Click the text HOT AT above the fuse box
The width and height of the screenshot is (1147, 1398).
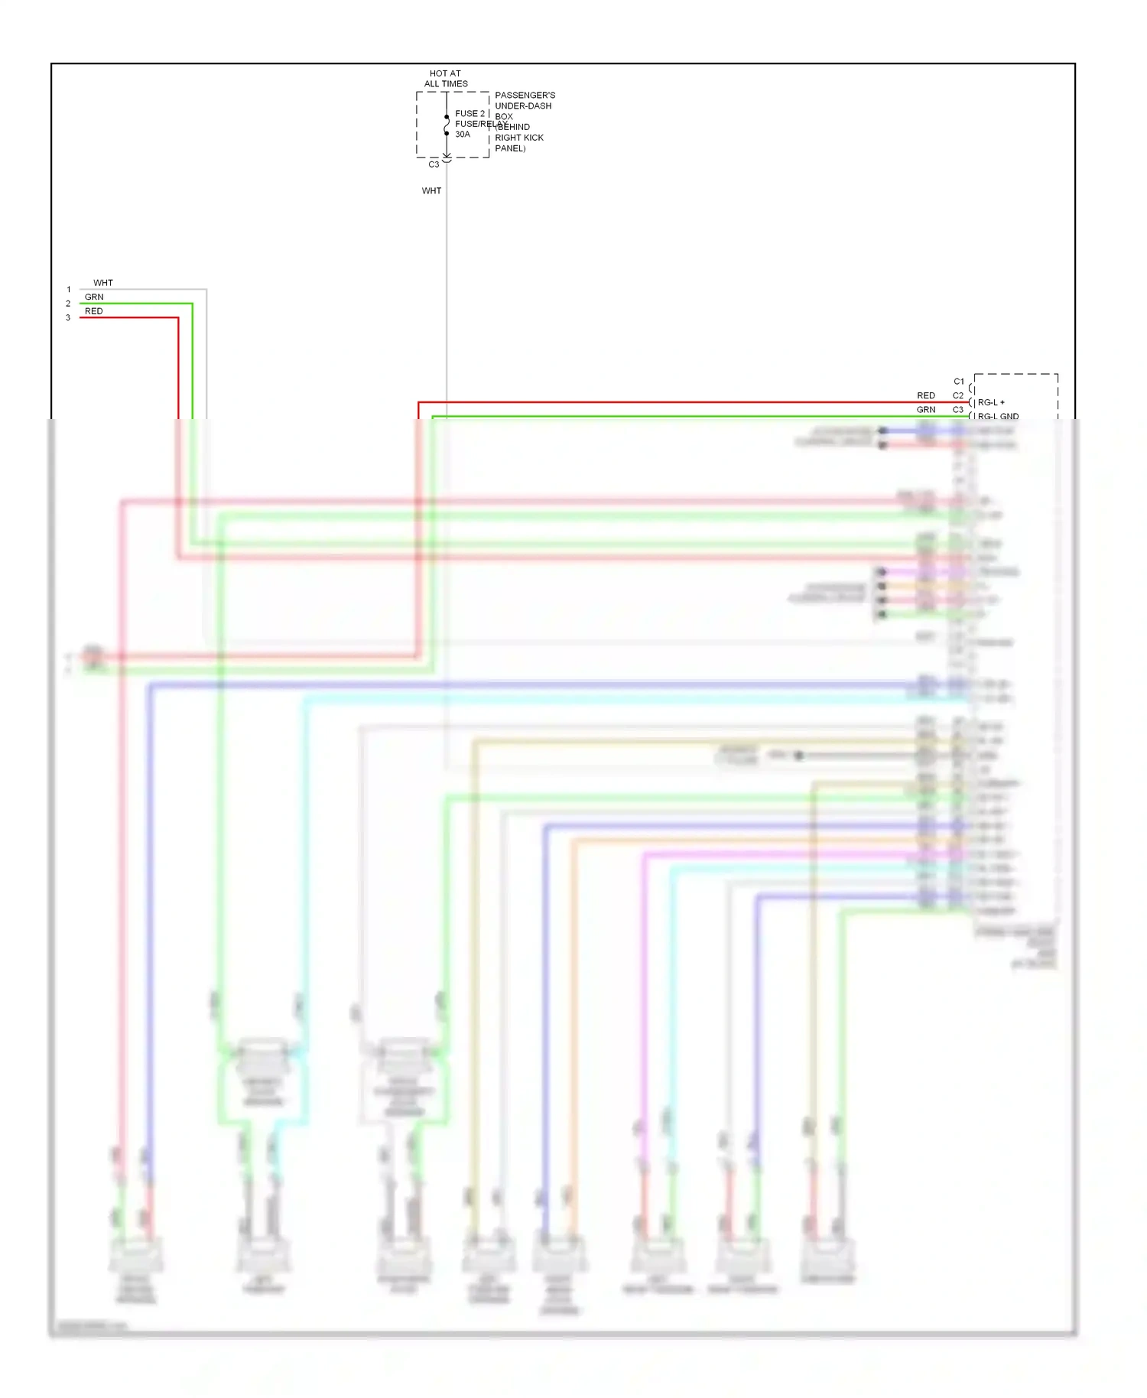pyautogui.click(x=445, y=73)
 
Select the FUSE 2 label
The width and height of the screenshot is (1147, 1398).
pyautogui.click(x=470, y=113)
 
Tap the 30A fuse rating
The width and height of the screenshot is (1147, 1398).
pyautogui.click(x=463, y=135)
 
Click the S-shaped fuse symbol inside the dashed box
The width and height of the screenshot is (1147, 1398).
pyautogui.click(x=447, y=125)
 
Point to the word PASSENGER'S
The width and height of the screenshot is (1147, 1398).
pyautogui.click(x=525, y=96)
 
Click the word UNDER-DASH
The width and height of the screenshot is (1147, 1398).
pyautogui.click(x=523, y=106)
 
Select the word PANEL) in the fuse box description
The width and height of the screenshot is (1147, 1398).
pyautogui.click(x=510, y=148)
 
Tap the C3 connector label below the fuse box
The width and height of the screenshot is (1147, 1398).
pyautogui.click(x=434, y=164)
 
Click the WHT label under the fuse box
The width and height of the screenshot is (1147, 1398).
pyautogui.click(x=431, y=190)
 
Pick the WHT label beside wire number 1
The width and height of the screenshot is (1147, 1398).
pyautogui.click(x=103, y=283)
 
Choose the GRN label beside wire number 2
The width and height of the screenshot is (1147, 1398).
pyautogui.click(x=94, y=297)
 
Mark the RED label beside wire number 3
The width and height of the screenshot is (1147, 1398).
pyautogui.click(x=93, y=311)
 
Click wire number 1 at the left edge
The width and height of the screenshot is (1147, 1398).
pyautogui.click(x=68, y=290)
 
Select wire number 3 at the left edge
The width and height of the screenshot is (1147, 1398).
pyautogui.click(x=68, y=318)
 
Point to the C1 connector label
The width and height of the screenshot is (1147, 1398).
pyautogui.click(x=959, y=381)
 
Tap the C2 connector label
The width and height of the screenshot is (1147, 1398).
pyautogui.click(x=958, y=395)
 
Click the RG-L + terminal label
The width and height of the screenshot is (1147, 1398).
pyautogui.click(x=991, y=402)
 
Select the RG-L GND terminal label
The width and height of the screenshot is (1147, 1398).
pyautogui.click(x=998, y=417)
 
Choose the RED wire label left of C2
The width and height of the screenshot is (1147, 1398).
pyautogui.click(x=926, y=395)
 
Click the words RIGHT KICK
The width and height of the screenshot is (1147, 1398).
pyautogui.click(x=519, y=138)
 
